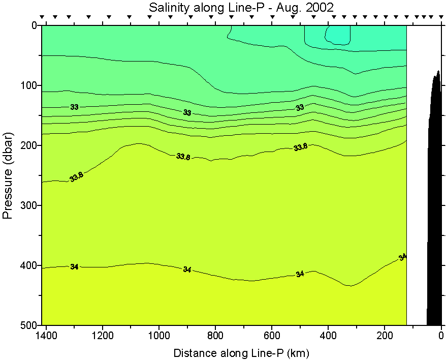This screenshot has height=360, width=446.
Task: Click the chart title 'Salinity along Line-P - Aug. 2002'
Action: click(x=242, y=7)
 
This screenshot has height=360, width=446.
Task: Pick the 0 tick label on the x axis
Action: click(x=441, y=336)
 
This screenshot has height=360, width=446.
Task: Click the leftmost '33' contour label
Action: click(x=74, y=107)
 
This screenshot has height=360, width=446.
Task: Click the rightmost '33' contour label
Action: click(x=300, y=107)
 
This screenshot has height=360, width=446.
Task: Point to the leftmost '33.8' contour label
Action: click(x=76, y=177)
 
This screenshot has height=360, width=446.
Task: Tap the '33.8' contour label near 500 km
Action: click(x=300, y=147)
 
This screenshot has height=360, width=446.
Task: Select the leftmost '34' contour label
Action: click(x=74, y=266)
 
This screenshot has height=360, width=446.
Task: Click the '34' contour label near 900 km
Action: click(x=187, y=269)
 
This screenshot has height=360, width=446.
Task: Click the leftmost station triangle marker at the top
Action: click(x=43, y=17)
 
